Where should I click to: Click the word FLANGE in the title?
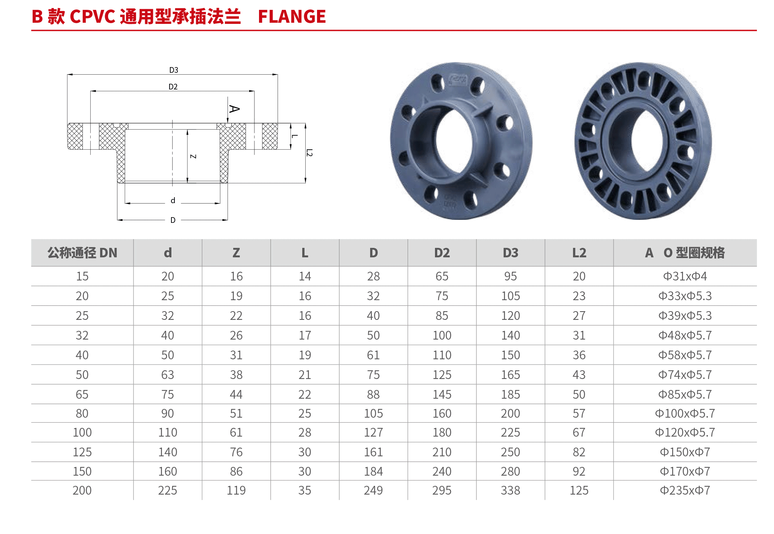292,17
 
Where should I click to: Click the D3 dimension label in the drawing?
174,70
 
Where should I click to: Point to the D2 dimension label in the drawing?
173,87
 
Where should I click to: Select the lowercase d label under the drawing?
173,200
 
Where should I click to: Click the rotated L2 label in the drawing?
309,153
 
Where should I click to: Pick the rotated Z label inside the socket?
193,157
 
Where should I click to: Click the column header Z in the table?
236,253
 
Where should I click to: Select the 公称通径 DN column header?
82,253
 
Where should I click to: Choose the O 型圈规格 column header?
694,253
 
